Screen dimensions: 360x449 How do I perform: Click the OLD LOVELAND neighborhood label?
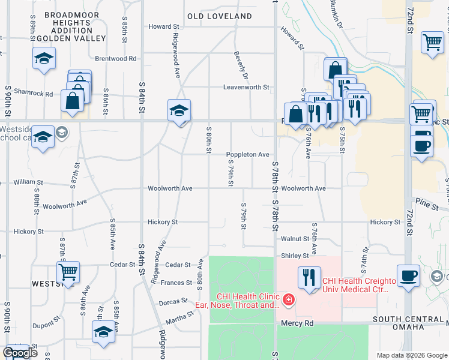[219, 16]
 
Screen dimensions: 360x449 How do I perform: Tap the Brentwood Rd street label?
[116, 59]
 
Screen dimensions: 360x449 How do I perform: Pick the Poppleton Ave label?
[247, 155]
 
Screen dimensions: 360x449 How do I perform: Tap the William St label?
[29, 182]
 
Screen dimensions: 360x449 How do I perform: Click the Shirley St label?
[295, 256]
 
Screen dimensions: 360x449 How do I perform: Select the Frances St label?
[176, 283]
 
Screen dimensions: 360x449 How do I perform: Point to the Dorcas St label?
[175, 302]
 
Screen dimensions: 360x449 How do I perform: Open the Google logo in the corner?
[20, 353]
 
